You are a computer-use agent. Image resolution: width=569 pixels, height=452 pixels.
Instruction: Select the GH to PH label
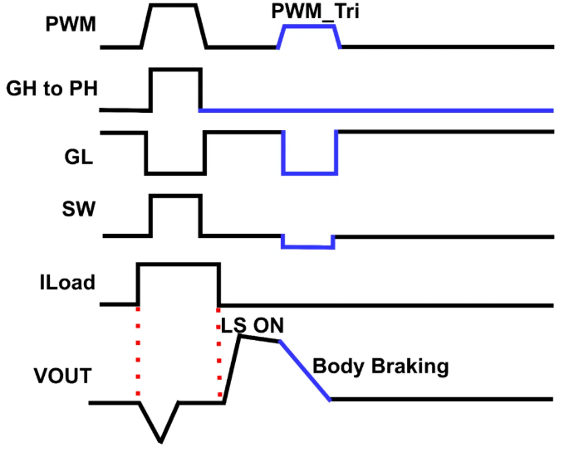click(52, 89)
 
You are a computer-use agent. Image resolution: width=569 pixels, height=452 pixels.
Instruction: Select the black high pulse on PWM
click(173, 6)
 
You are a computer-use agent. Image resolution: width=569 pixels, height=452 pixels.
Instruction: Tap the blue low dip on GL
click(310, 173)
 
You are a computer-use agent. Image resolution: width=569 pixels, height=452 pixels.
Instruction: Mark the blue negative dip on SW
click(307, 245)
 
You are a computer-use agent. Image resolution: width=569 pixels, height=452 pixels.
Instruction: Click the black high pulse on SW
click(175, 197)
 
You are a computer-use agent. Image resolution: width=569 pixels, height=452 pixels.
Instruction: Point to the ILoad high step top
click(179, 265)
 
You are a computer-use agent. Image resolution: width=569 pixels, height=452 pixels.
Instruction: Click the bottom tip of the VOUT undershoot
click(161, 440)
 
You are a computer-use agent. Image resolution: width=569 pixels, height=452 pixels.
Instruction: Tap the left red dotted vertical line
click(138, 352)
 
